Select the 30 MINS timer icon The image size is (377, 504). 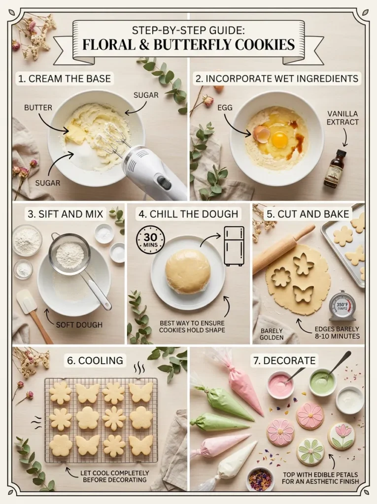click(x=151, y=240)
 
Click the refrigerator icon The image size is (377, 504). click(x=234, y=246)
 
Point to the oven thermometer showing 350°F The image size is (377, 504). click(x=343, y=306)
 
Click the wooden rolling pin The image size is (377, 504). click(x=283, y=249)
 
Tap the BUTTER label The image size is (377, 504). click(x=38, y=108)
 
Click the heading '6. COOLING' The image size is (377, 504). click(x=95, y=360)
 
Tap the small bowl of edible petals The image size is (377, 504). click(x=260, y=478)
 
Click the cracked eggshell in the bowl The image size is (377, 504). click(x=261, y=134)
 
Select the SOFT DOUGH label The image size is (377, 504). click(x=79, y=325)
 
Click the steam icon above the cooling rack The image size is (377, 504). click(x=139, y=367)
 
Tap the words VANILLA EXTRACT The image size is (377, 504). click(x=342, y=118)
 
